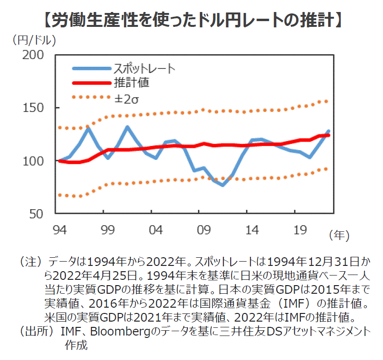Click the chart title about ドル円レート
[191, 21]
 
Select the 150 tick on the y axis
[34, 108]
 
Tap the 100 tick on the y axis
[34, 161]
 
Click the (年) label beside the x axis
[339, 235]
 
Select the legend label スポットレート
[144, 68]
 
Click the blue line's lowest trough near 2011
[222, 185]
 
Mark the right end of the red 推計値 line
[328, 135]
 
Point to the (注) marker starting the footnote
[32, 262]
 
